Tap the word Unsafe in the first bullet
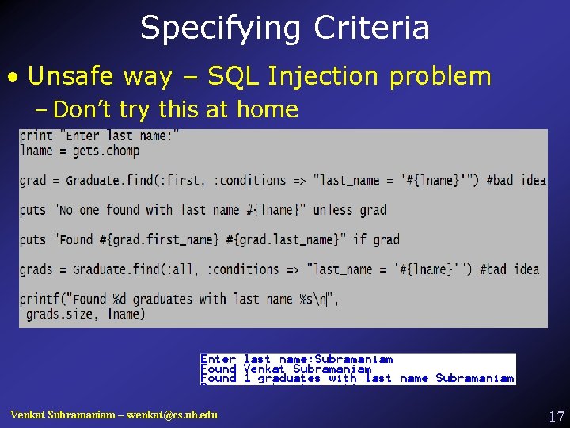(x=73, y=76)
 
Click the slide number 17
(x=556, y=416)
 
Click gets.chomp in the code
(x=104, y=151)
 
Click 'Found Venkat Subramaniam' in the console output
(x=286, y=369)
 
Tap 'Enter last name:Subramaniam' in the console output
(x=296, y=359)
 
